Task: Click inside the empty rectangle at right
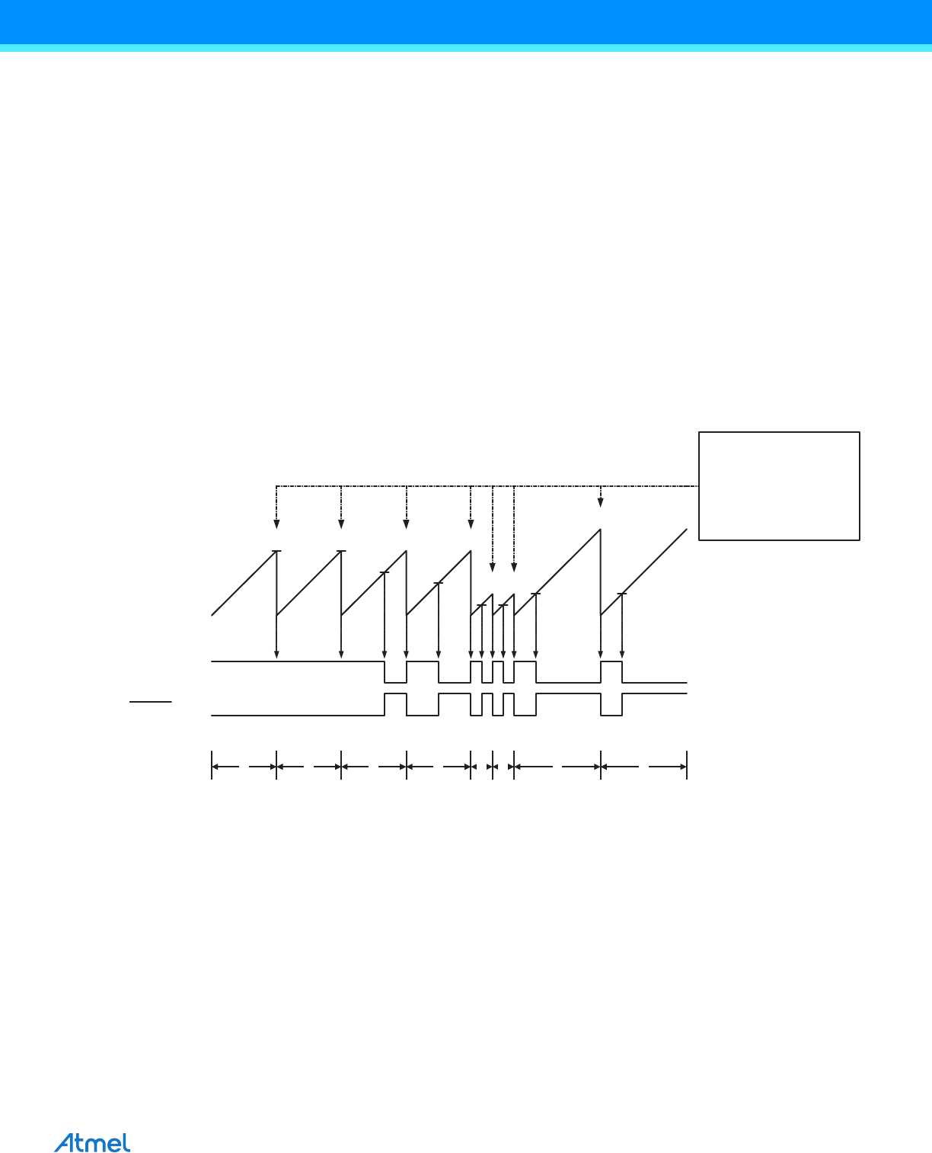click(x=779, y=486)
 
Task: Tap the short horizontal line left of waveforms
click(x=150, y=702)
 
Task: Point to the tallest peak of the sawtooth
click(x=601, y=530)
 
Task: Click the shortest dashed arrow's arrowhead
click(x=601, y=502)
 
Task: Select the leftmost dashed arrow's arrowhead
click(x=276, y=524)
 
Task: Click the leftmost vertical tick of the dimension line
click(x=212, y=765)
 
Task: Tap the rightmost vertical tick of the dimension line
click(x=687, y=765)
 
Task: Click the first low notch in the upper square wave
click(x=395, y=672)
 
